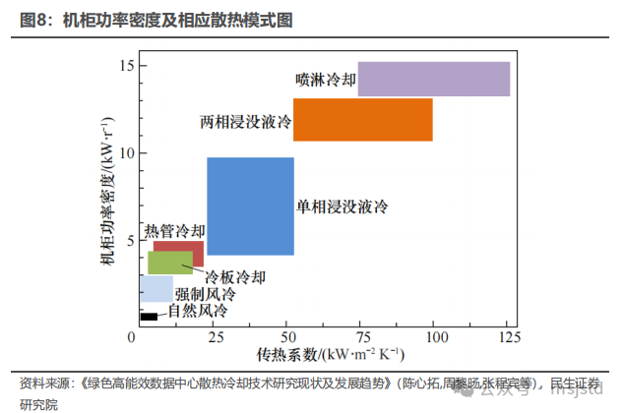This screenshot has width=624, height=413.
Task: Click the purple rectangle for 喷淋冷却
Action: click(433, 79)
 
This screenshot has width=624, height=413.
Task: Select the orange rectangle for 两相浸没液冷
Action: click(363, 119)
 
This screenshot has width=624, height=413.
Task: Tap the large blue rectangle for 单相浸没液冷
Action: click(250, 206)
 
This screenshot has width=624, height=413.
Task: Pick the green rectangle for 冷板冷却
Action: click(169, 263)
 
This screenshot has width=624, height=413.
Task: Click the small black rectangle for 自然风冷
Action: click(149, 317)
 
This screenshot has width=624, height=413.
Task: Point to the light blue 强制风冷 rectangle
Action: click(156, 288)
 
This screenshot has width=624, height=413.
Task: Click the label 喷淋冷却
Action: click(326, 79)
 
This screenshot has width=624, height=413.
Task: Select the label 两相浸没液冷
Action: click(246, 123)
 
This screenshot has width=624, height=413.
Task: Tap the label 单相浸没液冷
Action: click(343, 206)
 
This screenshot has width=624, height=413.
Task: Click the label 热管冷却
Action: click(175, 232)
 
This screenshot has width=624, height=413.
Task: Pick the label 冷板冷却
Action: click(234, 276)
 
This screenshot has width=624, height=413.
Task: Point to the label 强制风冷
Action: click(206, 294)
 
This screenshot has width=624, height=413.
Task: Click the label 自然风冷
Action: click(197, 312)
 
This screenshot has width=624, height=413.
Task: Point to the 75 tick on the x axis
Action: click(358, 337)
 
